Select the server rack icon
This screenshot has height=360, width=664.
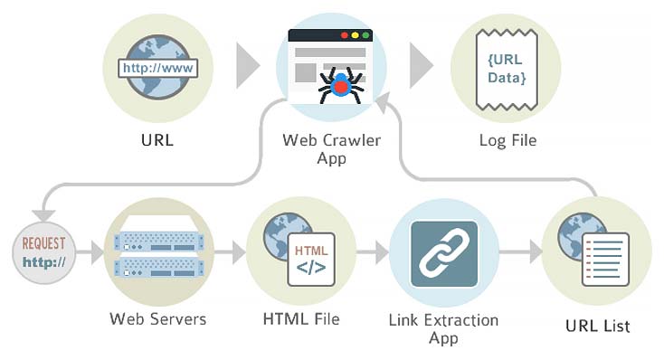(157, 254)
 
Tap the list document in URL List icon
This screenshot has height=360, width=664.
(604, 258)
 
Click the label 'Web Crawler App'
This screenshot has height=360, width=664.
(331, 148)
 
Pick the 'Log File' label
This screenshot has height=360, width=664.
(507, 140)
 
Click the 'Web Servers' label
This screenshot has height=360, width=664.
(157, 318)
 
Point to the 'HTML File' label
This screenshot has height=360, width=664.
(302, 318)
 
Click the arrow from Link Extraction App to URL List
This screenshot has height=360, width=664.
(517, 250)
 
